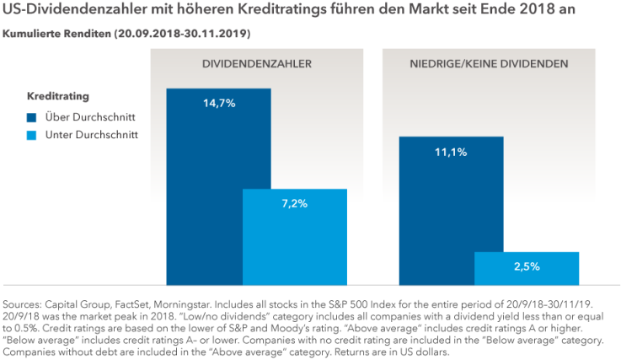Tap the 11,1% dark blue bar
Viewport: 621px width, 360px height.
pos(451,211)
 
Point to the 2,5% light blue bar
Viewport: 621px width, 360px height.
pos(527,268)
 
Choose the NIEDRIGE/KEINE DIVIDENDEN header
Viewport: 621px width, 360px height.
pos(489,64)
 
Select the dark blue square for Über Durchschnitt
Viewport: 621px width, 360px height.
pos(32,116)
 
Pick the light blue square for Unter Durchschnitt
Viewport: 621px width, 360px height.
pos(32,135)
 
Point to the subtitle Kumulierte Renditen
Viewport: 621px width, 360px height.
pos(58,34)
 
